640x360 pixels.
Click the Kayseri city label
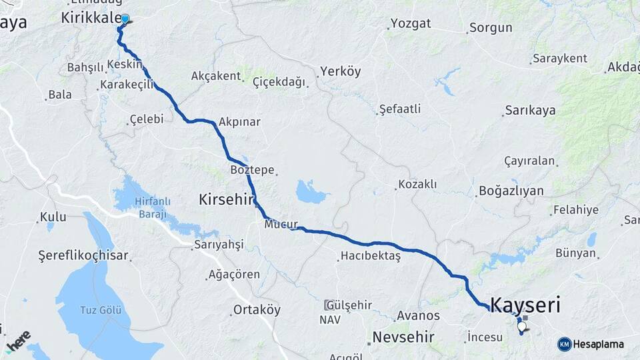click(525, 306)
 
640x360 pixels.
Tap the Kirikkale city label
click(89, 18)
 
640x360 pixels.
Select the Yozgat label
click(411, 23)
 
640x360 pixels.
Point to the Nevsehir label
click(403, 337)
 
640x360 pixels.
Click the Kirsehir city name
click(227, 199)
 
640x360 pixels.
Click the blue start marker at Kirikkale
click(125, 19)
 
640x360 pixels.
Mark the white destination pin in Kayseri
click(521, 327)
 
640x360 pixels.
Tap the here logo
click(17, 341)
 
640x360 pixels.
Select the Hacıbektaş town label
click(370, 256)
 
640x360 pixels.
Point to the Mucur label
click(280, 224)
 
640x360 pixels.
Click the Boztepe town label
click(252, 171)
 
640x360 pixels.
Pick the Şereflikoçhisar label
click(83, 255)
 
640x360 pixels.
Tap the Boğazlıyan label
click(511, 191)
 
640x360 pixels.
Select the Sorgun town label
click(491, 28)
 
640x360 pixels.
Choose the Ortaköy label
click(257, 310)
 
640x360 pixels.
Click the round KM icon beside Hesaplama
click(565, 344)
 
